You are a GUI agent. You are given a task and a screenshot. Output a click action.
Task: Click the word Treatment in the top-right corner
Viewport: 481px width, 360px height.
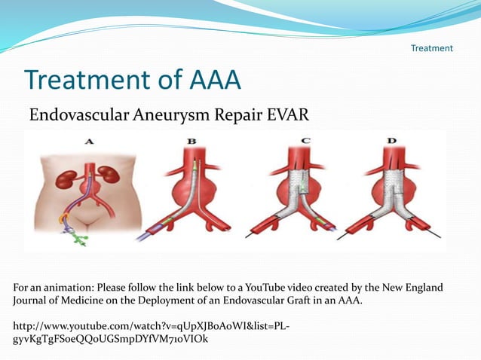pos(431,48)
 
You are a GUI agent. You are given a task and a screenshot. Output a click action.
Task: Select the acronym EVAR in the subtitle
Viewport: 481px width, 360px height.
pos(288,115)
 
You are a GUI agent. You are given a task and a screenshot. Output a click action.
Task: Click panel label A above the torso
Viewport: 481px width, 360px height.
pos(90,140)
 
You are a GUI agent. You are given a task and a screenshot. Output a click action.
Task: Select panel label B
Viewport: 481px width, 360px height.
pos(191,140)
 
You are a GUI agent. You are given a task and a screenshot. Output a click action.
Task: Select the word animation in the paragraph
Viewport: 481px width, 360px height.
pos(57,288)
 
